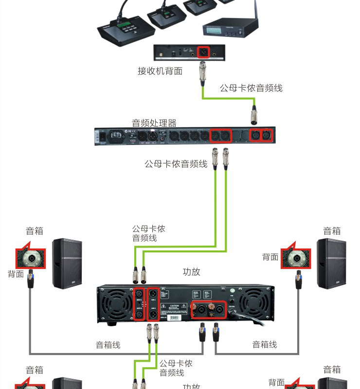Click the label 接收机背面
click(160, 71)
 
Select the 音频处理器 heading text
click(154, 123)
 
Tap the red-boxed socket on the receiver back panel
click(203, 52)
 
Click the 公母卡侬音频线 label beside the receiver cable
click(251, 88)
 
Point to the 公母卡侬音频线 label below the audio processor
click(176, 164)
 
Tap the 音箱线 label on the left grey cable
click(108, 345)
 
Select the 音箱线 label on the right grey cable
click(265, 344)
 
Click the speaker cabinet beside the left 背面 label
click(67, 264)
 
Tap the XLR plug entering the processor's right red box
click(253, 115)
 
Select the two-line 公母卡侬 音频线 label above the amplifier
click(148, 233)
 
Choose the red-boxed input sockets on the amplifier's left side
click(139, 304)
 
